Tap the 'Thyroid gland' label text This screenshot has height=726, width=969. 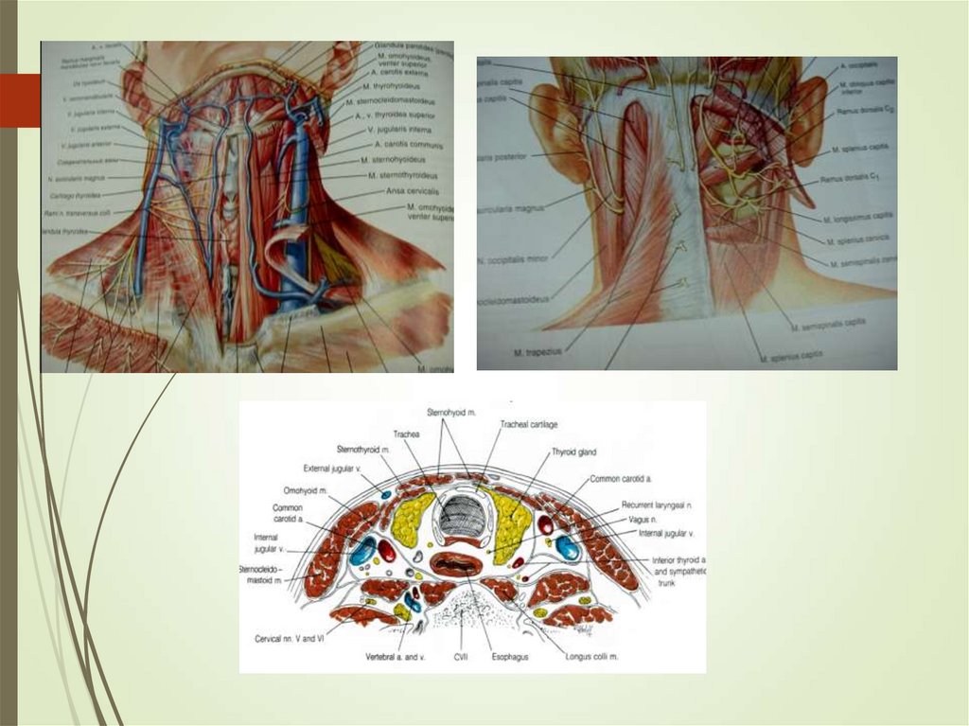[x=574, y=452]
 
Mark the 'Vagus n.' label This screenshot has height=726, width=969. [x=642, y=521]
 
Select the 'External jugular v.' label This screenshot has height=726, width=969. [x=333, y=467]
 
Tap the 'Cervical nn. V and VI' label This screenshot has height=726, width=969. [x=291, y=638]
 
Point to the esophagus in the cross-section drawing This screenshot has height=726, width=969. [x=457, y=565]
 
